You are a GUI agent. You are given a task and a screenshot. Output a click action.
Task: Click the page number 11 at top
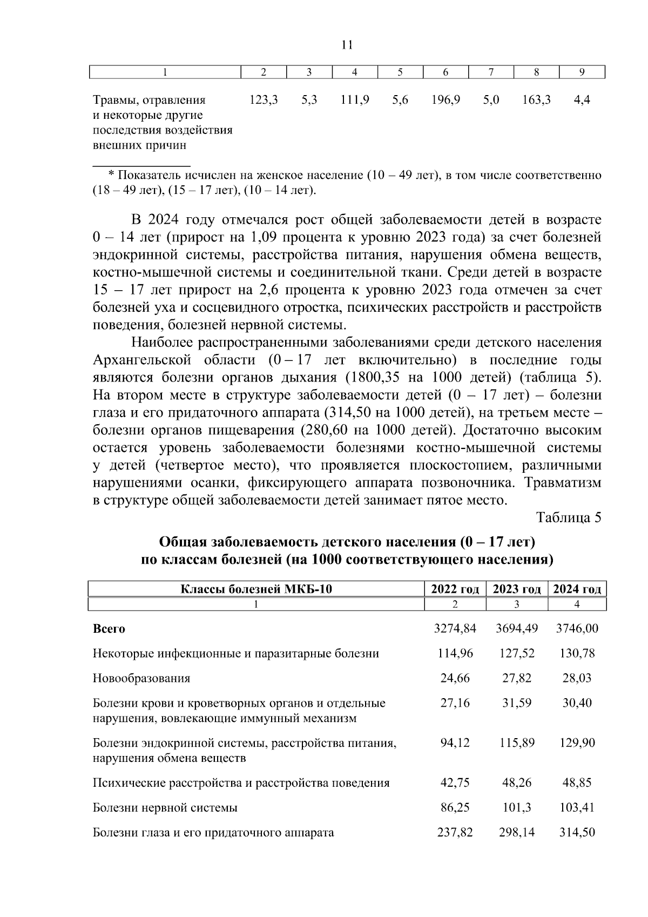[347, 45]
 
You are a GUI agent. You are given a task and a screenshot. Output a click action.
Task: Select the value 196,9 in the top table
[446, 99]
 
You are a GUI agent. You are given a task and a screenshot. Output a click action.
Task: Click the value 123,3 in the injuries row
[264, 99]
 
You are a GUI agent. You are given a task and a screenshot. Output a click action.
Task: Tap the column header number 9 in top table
[582, 72]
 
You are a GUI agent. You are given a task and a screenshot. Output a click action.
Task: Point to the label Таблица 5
[569, 517]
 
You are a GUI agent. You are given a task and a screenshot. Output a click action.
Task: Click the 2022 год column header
[455, 589]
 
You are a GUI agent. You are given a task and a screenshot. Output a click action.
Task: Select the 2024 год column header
[577, 589]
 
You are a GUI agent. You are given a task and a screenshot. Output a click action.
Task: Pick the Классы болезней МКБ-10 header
[255, 589]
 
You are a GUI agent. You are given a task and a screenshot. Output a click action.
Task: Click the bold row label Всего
[109, 629]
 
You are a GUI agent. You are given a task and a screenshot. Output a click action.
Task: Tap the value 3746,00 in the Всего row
[577, 628]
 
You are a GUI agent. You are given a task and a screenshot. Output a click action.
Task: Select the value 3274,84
[455, 628]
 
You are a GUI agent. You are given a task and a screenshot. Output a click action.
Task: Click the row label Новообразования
[141, 678]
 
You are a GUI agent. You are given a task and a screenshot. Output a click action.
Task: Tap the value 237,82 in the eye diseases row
[455, 832]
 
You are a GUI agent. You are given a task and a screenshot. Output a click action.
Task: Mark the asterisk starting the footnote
[111, 175]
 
